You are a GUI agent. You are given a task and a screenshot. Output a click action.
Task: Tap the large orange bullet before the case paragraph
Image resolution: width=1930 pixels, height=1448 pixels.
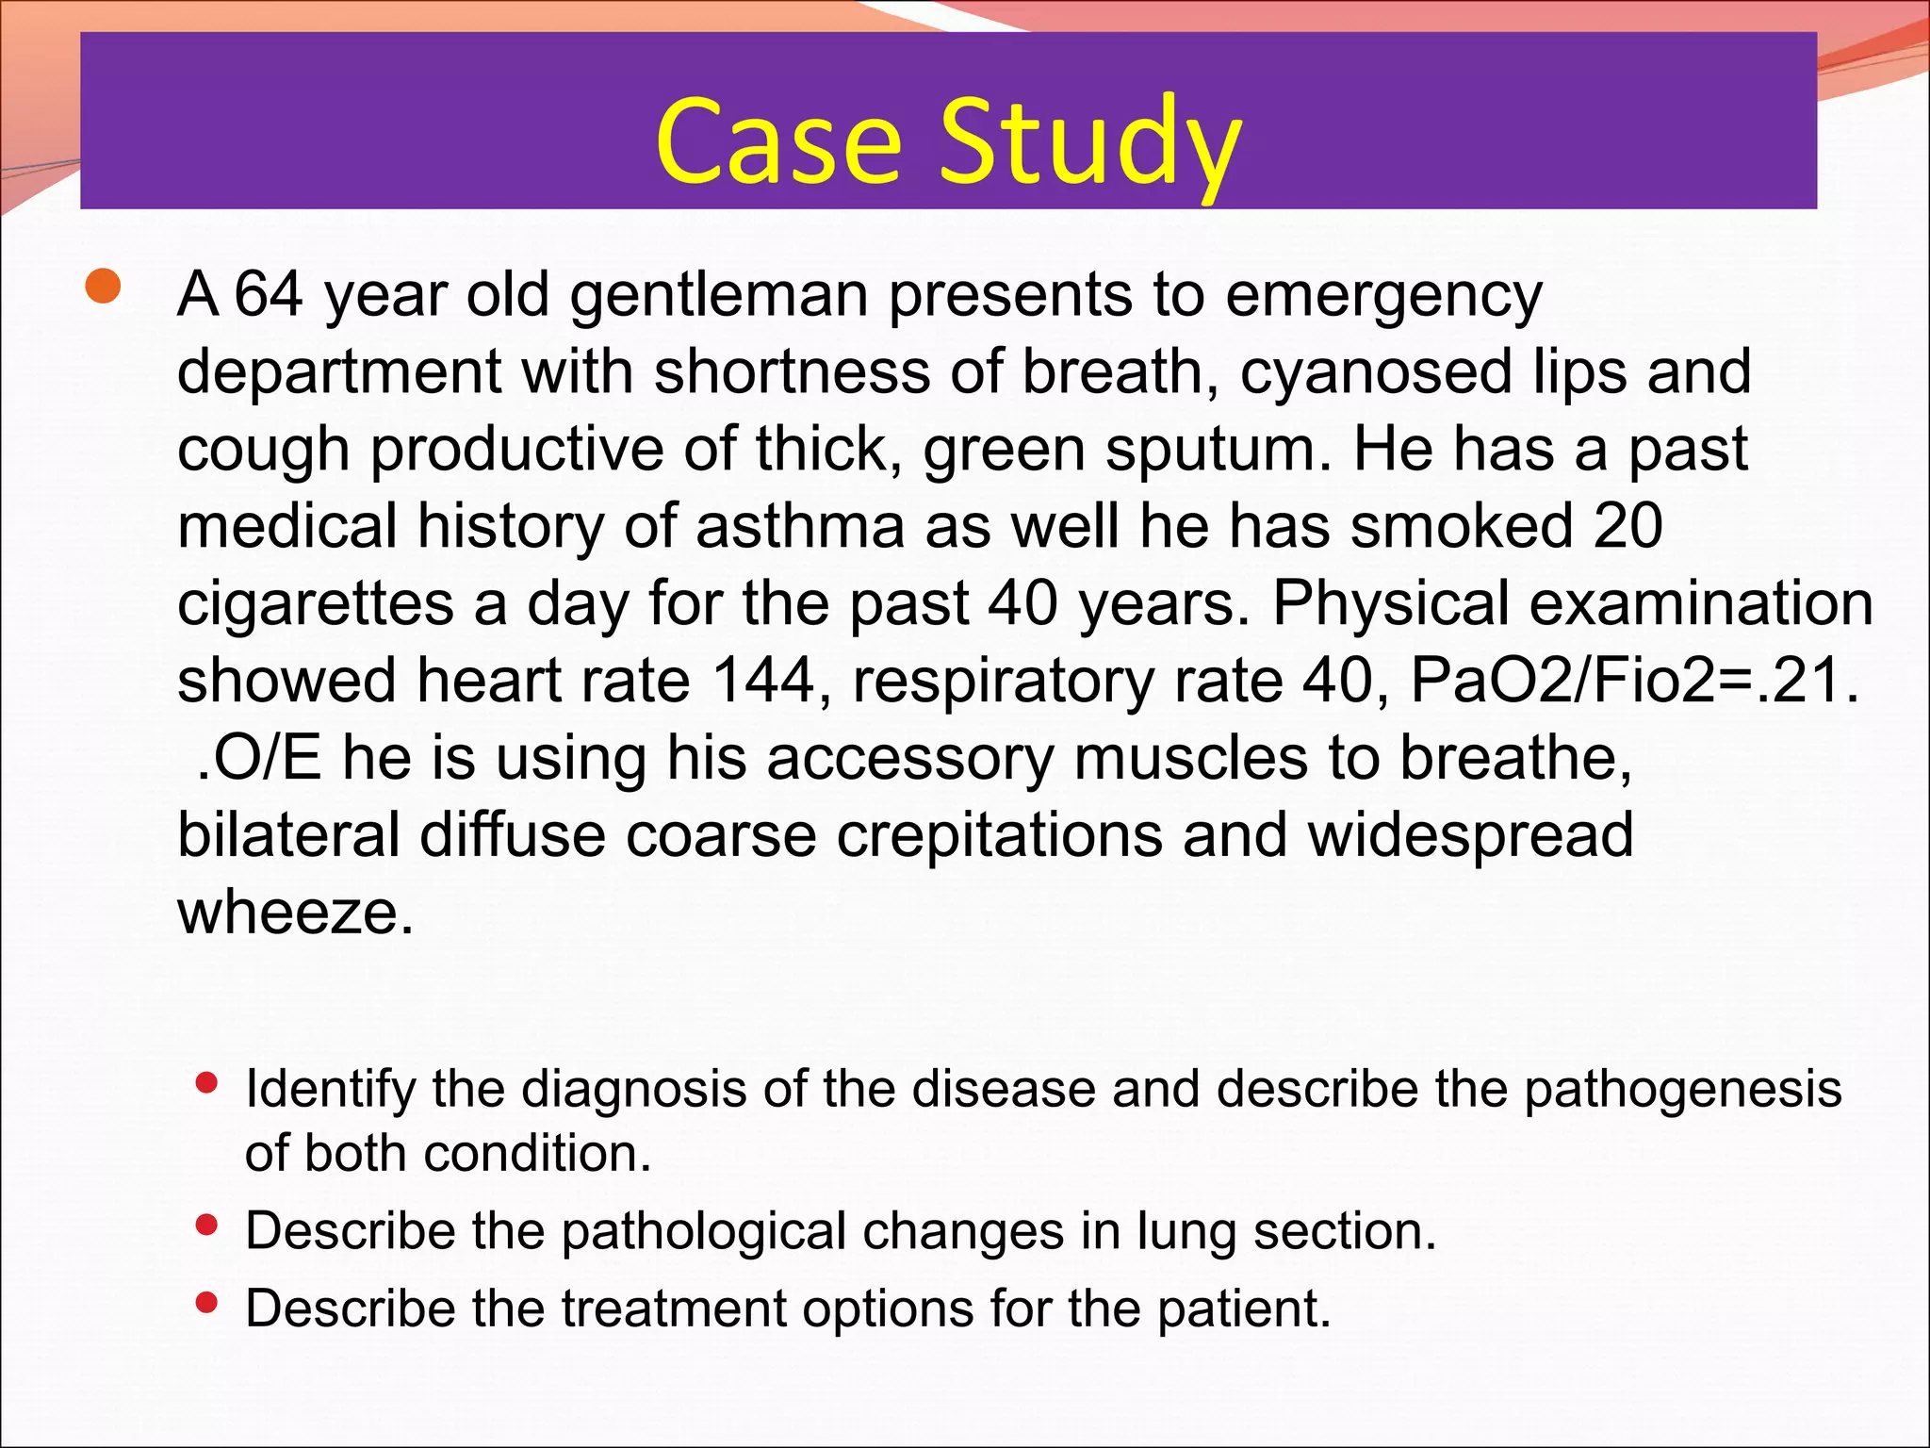click(103, 288)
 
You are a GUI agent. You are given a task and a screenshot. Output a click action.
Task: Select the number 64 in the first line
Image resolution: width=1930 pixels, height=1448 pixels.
click(268, 294)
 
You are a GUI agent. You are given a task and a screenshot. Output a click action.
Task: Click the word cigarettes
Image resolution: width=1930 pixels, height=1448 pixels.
click(316, 604)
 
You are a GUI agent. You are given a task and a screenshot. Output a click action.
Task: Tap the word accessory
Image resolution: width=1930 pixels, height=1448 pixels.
click(909, 760)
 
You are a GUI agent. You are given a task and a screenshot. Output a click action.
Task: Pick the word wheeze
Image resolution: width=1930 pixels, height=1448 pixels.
click(295, 913)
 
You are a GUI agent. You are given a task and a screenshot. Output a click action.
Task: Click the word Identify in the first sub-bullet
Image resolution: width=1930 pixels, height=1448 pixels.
click(329, 1091)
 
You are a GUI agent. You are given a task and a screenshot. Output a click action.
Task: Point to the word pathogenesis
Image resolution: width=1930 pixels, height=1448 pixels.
click(1682, 1091)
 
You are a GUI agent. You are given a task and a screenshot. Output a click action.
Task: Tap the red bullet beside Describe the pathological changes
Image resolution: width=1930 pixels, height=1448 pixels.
click(206, 1226)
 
